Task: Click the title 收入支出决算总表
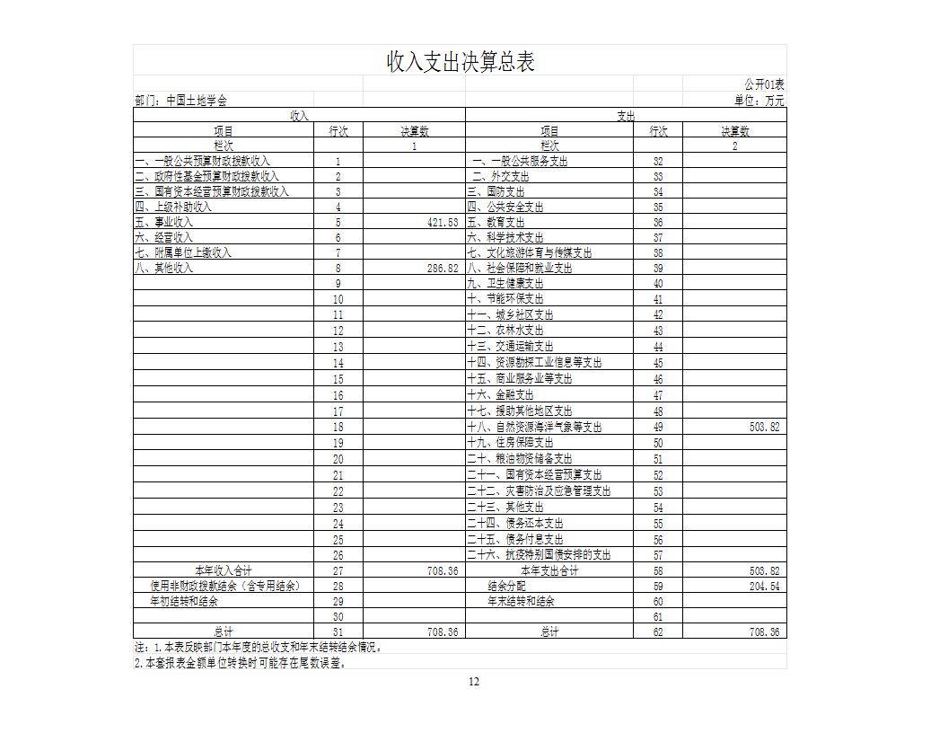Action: click(461, 62)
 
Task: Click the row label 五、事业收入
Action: click(163, 222)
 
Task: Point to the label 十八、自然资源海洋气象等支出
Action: click(534, 428)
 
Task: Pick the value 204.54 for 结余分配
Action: click(764, 586)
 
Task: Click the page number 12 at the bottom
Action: click(474, 682)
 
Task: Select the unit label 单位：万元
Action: click(759, 101)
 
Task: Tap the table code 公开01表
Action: click(764, 84)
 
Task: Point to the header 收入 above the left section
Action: click(299, 116)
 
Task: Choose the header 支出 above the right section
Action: click(626, 116)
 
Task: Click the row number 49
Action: click(658, 428)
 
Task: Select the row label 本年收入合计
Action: click(224, 571)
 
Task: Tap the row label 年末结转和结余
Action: click(521, 601)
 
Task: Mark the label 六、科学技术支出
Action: click(505, 237)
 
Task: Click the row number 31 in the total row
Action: click(338, 632)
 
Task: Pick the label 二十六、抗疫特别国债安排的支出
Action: click(539, 555)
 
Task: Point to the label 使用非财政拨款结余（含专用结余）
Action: click(225, 586)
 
